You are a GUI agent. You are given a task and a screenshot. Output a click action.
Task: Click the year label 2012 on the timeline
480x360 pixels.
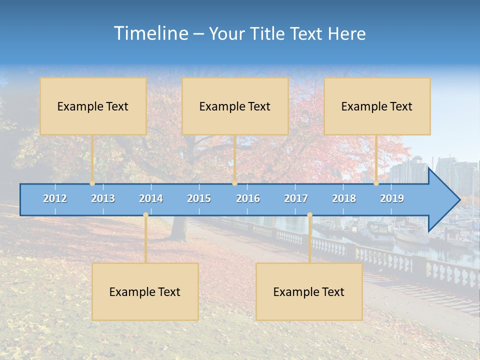pyautogui.click(x=55, y=198)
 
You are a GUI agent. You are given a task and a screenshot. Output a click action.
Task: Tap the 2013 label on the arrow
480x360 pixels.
pyautogui.click(x=103, y=198)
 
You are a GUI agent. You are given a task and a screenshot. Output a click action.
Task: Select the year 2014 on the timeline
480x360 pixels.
pyautogui.click(x=151, y=198)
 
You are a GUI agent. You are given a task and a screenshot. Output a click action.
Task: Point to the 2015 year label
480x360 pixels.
pyautogui.click(x=199, y=198)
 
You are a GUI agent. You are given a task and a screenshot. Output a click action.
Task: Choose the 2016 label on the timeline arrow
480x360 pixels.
pyautogui.click(x=248, y=198)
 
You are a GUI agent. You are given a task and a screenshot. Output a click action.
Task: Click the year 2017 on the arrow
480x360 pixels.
pyautogui.click(x=296, y=198)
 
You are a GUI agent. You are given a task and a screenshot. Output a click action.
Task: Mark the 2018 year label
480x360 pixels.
pyautogui.click(x=344, y=198)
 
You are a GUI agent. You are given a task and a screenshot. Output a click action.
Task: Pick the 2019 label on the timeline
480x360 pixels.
pyautogui.click(x=392, y=198)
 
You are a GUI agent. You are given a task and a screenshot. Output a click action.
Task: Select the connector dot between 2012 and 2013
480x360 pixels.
pyautogui.click(x=92, y=183)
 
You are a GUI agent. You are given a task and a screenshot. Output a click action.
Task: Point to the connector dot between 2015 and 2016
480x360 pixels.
pyautogui.click(x=235, y=183)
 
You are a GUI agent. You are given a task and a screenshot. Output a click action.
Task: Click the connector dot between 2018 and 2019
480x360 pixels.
pyautogui.click(x=376, y=183)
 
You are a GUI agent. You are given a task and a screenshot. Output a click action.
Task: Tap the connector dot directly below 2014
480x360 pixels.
pyautogui.click(x=145, y=215)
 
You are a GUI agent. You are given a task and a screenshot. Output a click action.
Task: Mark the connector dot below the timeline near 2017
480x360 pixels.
pyautogui.click(x=309, y=215)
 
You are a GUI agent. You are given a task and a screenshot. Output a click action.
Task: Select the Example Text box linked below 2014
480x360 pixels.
pyautogui.click(x=145, y=291)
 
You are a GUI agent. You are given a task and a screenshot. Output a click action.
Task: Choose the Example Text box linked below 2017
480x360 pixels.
pyautogui.click(x=309, y=291)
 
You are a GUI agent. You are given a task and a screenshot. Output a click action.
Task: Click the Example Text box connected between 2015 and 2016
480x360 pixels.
pyautogui.click(x=235, y=106)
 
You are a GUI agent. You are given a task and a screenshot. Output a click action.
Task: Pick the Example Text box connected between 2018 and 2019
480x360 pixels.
pyautogui.click(x=377, y=106)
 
